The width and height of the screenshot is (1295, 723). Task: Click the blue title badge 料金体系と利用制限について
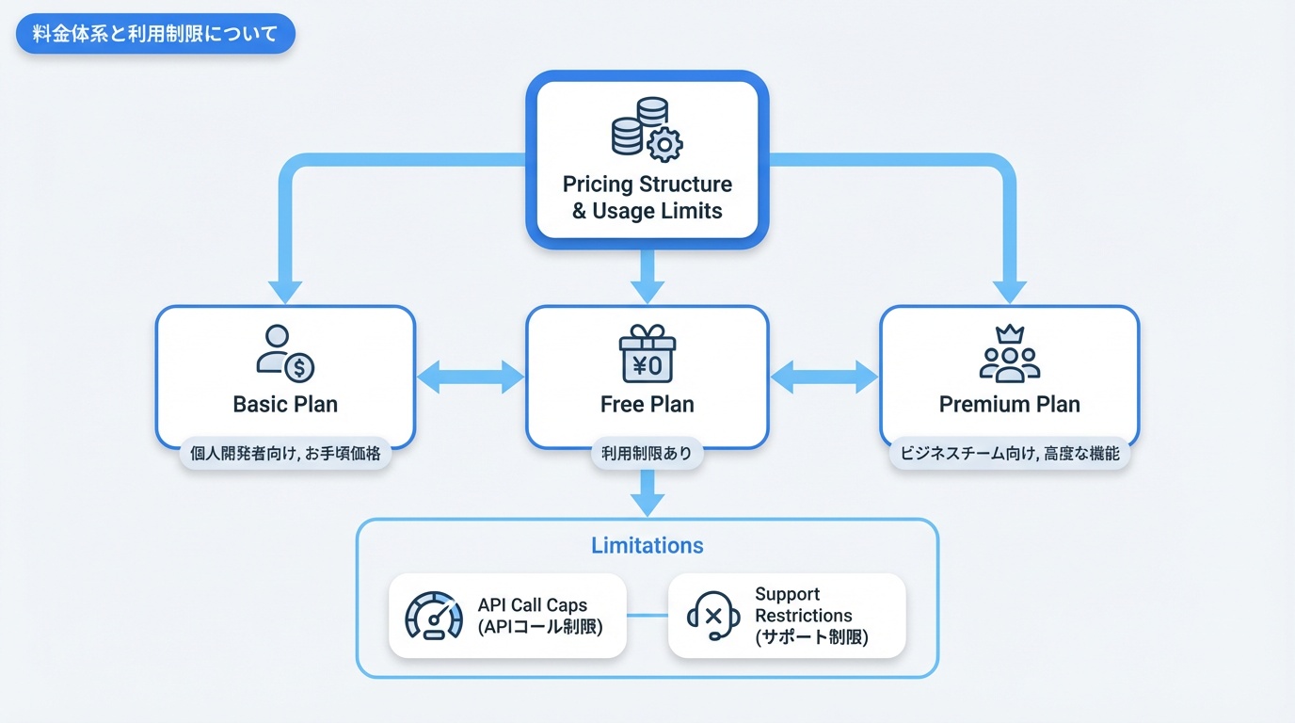155,35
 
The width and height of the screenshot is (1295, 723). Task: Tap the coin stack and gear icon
647,128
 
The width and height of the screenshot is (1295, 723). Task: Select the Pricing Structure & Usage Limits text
647,197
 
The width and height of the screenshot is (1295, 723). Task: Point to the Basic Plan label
284,405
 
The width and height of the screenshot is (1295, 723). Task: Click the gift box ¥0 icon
647,354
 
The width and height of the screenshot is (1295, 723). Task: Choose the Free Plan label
647,405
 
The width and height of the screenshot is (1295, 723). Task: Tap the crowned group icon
1009,354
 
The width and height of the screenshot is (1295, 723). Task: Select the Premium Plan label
1009,405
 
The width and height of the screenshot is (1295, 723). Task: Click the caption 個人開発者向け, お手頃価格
284,454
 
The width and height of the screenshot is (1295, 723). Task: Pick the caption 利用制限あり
647,454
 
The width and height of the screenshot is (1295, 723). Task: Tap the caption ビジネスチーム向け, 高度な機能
1009,454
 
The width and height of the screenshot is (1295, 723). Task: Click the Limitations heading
647,546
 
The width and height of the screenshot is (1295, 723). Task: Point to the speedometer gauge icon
434,617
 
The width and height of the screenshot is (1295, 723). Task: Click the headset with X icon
712,617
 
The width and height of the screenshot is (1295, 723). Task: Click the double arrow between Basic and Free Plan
470,378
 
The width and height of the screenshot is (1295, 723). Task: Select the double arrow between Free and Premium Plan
824,378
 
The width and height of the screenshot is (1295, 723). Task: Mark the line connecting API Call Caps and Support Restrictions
647,617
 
